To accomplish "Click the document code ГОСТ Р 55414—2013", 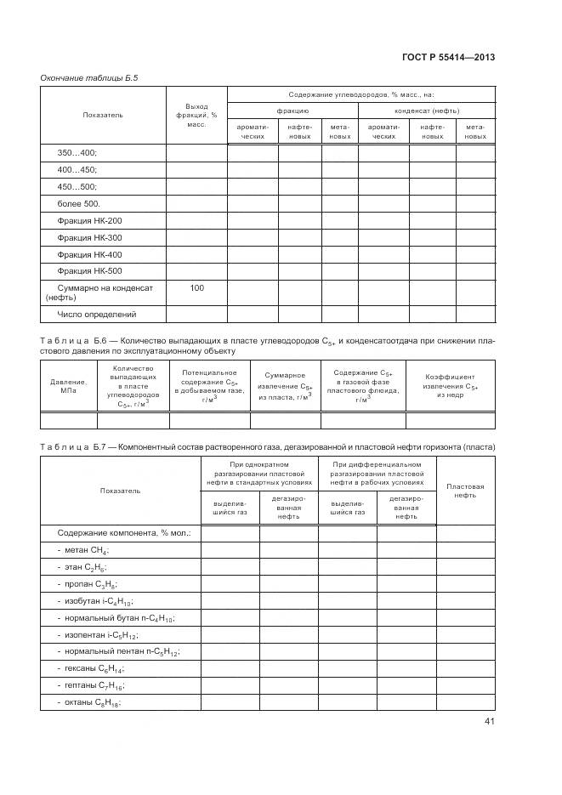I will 448,57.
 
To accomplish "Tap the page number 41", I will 488,722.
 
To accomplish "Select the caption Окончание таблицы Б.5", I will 89,78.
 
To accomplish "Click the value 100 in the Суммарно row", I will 196,288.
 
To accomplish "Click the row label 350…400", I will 77,153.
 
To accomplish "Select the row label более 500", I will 78,204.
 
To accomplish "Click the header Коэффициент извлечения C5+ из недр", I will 451,386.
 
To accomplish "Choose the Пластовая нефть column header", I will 465,491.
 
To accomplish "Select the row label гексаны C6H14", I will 90,668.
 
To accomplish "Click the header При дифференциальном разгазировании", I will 377,473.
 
